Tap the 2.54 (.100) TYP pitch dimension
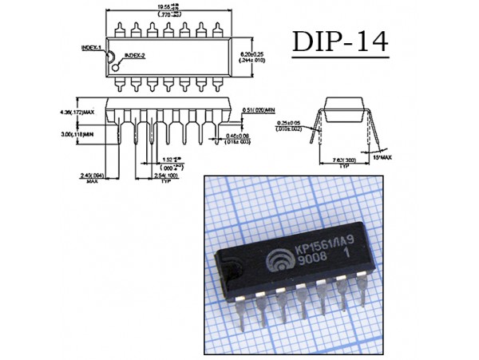(165, 177)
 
